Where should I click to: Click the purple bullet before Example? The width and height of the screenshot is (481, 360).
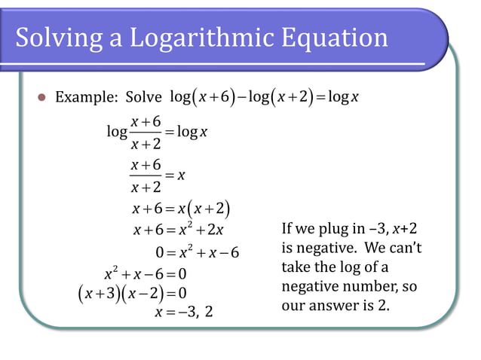click(41, 97)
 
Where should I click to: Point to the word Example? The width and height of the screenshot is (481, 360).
click(84, 97)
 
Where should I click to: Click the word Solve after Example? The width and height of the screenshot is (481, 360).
click(143, 97)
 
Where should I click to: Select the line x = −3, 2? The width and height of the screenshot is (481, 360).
click(183, 310)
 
